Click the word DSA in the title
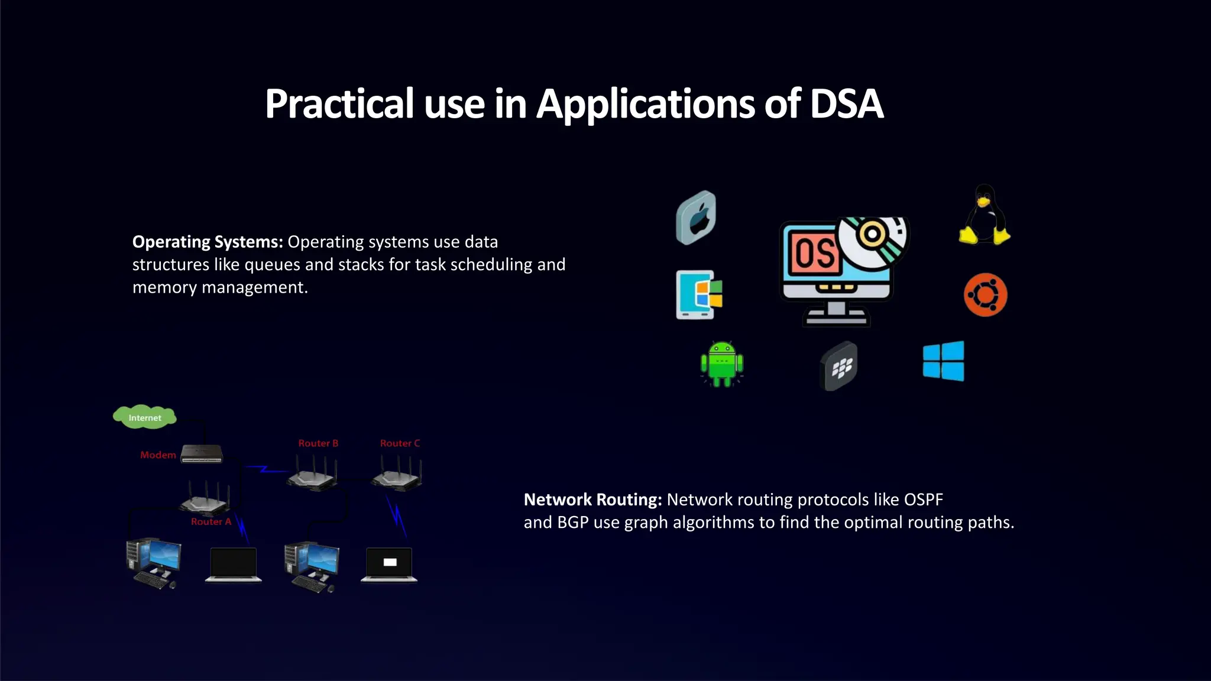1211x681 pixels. click(846, 104)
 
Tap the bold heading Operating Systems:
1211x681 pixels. click(208, 242)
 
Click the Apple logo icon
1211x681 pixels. click(696, 218)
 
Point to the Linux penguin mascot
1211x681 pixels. click(984, 215)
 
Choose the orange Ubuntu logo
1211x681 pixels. click(985, 294)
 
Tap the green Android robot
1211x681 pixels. click(721, 364)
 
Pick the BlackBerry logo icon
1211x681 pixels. click(839, 366)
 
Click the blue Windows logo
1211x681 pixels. click(943, 361)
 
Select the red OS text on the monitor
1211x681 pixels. click(814, 254)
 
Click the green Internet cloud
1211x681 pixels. click(145, 417)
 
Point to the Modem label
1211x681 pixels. click(158, 455)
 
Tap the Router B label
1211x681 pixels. click(318, 443)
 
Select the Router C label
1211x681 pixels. click(400, 443)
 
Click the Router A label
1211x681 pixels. click(211, 522)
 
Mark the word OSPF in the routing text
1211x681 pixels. click(923, 500)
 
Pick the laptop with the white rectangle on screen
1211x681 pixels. click(389, 564)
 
